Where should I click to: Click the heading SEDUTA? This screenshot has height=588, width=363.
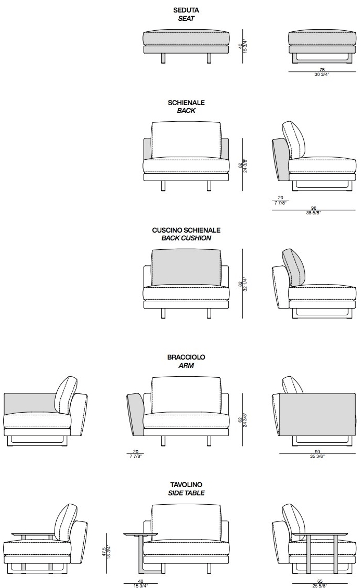click(x=186, y=10)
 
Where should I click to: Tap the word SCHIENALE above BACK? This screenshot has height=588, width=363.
click(x=186, y=103)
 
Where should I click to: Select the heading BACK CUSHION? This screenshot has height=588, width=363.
click(x=186, y=238)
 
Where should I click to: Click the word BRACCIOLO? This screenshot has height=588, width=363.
click(x=186, y=357)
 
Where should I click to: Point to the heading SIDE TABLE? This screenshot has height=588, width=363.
click(x=186, y=493)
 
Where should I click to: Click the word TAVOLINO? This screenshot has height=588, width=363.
click(x=186, y=485)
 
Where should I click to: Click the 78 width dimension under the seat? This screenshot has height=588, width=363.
click(x=322, y=69)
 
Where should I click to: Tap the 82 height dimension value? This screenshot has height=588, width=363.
click(x=240, y=284)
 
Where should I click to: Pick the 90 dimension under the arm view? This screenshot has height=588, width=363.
click(x=317, y=452)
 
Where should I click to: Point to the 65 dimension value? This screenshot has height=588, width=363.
click(x=319, y=581)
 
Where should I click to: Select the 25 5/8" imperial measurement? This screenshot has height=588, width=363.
click(x=319, y=585)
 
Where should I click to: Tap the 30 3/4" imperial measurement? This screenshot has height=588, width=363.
click(x=322, y=74)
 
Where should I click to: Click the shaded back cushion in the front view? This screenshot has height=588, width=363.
click(x=186, y=267)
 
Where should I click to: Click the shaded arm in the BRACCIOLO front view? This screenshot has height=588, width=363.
click(x=136, y=414)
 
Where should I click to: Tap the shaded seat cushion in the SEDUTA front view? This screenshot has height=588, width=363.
click(x=186, y=38)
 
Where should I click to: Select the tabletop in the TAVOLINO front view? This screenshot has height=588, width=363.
click(x=141, y=533)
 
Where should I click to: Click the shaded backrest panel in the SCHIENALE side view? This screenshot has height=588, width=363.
click(x=280, y=158)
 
